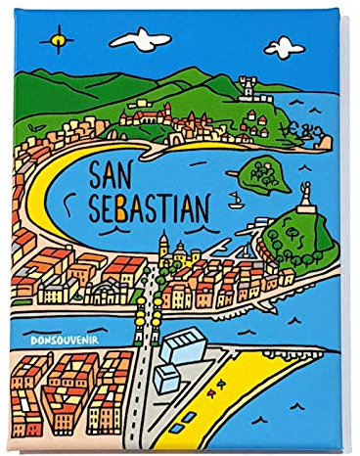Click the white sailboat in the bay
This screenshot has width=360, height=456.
click(236, 203)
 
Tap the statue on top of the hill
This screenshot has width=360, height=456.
click(308, 200)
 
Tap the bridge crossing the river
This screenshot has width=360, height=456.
click(147, 311)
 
